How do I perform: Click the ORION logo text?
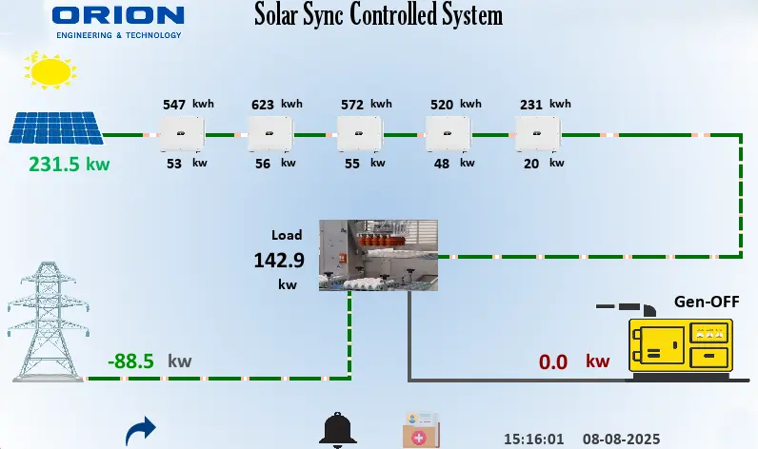click(x=118, y=15)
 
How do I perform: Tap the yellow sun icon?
click(x=50, y=70)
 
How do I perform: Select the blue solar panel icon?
click(x=56, y=127)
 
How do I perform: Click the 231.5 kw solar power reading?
click(x=70, y=165)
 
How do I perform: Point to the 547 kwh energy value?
click(x=188, y=105)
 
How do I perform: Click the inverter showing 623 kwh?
click(x=270, y=134)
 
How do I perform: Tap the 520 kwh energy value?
click(x=456, y=105)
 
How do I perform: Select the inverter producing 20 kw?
click(x=538, y=134)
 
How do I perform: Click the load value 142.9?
click(x=279, y=261)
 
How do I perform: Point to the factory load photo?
click(x=378, y=255)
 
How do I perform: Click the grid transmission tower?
click(x=48, y=322)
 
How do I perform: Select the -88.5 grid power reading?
click(x=130, y=361)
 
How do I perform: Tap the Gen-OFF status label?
click(x=707, y=302)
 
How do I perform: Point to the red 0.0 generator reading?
click(x=553, y=362)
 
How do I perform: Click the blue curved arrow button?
click(x=141, y=431)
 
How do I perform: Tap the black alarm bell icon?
click(x=337, y=430)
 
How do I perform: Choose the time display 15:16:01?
click(x=533, y=439)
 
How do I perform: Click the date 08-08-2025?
click(x=621, y=439)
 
